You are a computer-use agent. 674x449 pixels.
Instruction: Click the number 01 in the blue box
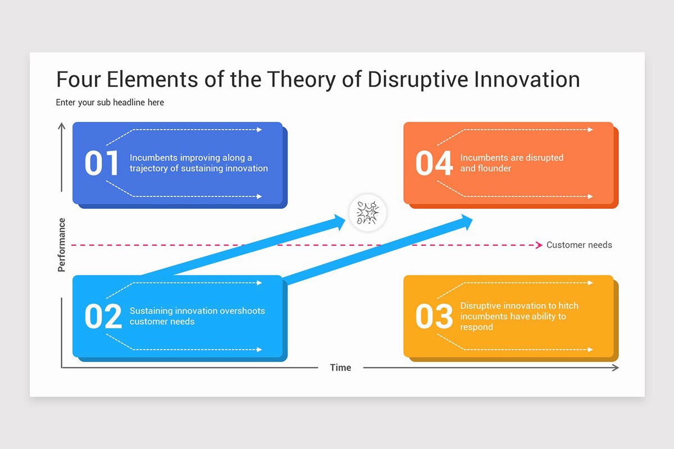tap(102, 163)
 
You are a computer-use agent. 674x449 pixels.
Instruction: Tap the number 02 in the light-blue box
tap(103, 317)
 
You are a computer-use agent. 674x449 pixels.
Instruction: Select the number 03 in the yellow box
tap(434, 317)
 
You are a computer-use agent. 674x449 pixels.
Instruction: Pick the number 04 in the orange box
tap(434, 163)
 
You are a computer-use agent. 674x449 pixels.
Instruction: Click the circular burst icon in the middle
tap(368, 213)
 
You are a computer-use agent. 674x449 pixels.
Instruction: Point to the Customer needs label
tap(579, 245)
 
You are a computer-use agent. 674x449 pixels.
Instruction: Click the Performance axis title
tap(62, 245)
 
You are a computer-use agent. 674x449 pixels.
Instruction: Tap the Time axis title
tap(340, 368)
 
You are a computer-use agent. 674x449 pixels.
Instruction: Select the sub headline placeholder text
tap(110, 103)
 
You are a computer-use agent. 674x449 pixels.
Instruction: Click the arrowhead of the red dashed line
tap(538, 245)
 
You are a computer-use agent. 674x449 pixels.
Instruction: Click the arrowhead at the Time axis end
tap(615, 368)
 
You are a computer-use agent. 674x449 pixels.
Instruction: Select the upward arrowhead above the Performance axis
tap(61, 126)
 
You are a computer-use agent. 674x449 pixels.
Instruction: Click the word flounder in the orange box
tap(494, 168)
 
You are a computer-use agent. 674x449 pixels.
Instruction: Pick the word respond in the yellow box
tap(476, 327)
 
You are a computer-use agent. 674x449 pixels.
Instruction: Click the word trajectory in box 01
tap(149, 168)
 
